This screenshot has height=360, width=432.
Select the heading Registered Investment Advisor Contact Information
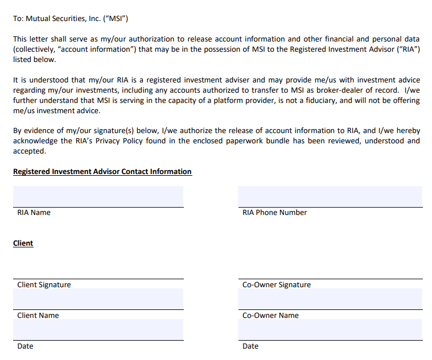click(x=102, y=171)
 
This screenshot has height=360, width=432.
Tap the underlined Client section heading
click(x=23, y=243)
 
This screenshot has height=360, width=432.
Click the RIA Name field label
click(x=34, y=212)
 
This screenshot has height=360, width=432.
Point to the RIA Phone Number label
click(x=274, y=212)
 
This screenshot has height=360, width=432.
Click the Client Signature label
click(x=44, y=284)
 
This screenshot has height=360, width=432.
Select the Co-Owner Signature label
click(x=277, y=284)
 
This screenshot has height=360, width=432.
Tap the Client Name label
click(x=38, y=315)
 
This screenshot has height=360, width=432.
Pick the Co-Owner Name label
click(x=270, y=315)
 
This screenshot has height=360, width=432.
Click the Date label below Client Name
click(x=25, y=346)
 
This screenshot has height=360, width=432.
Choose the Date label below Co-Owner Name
click(x=250, y=346)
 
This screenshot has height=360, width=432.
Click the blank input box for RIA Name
click(x=98, y=196)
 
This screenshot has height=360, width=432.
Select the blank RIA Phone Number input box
click(x=330, y=196)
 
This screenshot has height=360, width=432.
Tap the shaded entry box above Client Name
click(x=98, y=299)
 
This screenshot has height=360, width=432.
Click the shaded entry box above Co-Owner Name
click(x=330, y=299)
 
